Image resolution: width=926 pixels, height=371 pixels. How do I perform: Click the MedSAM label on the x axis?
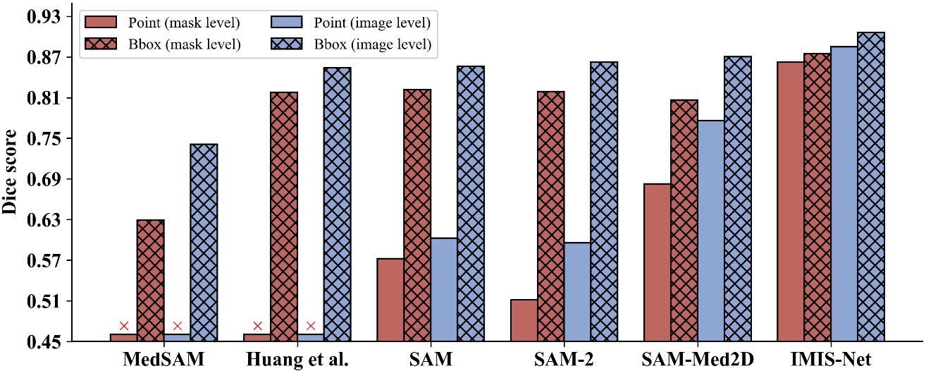point(163,359)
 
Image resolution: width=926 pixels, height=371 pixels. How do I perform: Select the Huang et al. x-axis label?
point(297,359)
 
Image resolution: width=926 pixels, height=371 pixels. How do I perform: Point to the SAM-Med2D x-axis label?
point(698,359)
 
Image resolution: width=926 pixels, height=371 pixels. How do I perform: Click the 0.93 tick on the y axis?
point(43,16)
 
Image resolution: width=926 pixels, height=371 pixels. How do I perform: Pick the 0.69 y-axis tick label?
point(43,179)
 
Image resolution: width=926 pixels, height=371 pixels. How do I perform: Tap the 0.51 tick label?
point(43,302)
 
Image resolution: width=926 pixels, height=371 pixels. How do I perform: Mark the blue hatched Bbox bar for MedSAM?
point(204,243)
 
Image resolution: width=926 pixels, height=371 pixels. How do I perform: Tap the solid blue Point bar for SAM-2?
point(577,292)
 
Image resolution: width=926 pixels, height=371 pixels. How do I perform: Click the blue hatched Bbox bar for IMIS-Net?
point(870,187)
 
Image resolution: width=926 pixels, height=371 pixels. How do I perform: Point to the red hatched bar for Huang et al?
point(284,217)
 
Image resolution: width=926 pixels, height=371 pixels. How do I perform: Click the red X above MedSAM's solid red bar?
point(124,326)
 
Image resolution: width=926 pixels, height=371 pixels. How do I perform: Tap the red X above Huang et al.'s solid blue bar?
point(311,326)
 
